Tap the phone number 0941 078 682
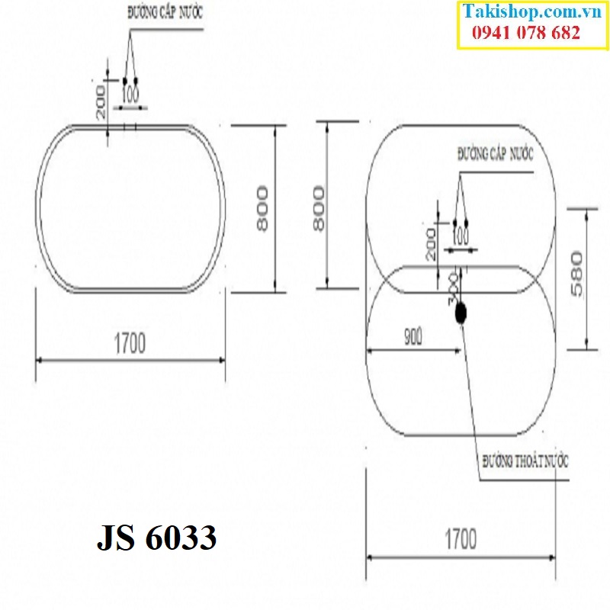click(527, 33)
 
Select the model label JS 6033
click(157, 539)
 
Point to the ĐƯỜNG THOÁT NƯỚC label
click(525, 462)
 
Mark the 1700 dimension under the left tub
click(130, 344)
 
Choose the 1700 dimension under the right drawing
click(461, 540)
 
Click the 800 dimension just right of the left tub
click(262, 208)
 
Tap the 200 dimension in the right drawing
click(432, 242)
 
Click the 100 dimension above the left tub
click(130, 95)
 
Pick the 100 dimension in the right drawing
click(461, 233)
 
